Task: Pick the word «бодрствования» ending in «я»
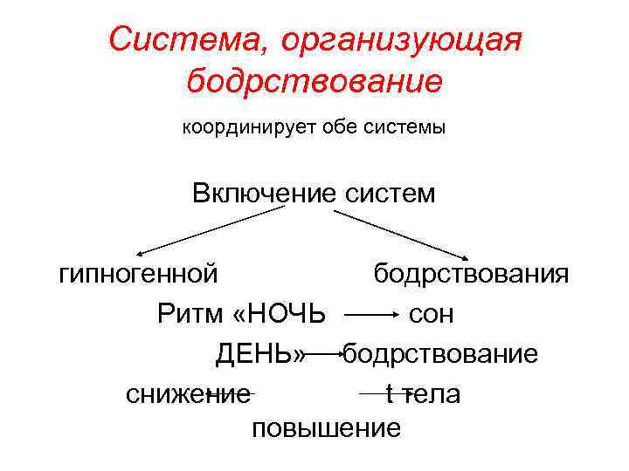pos(472,274)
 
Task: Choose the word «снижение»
pos(187,394)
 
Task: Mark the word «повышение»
pos(326,428)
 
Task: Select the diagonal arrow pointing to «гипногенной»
pos(210,228)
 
